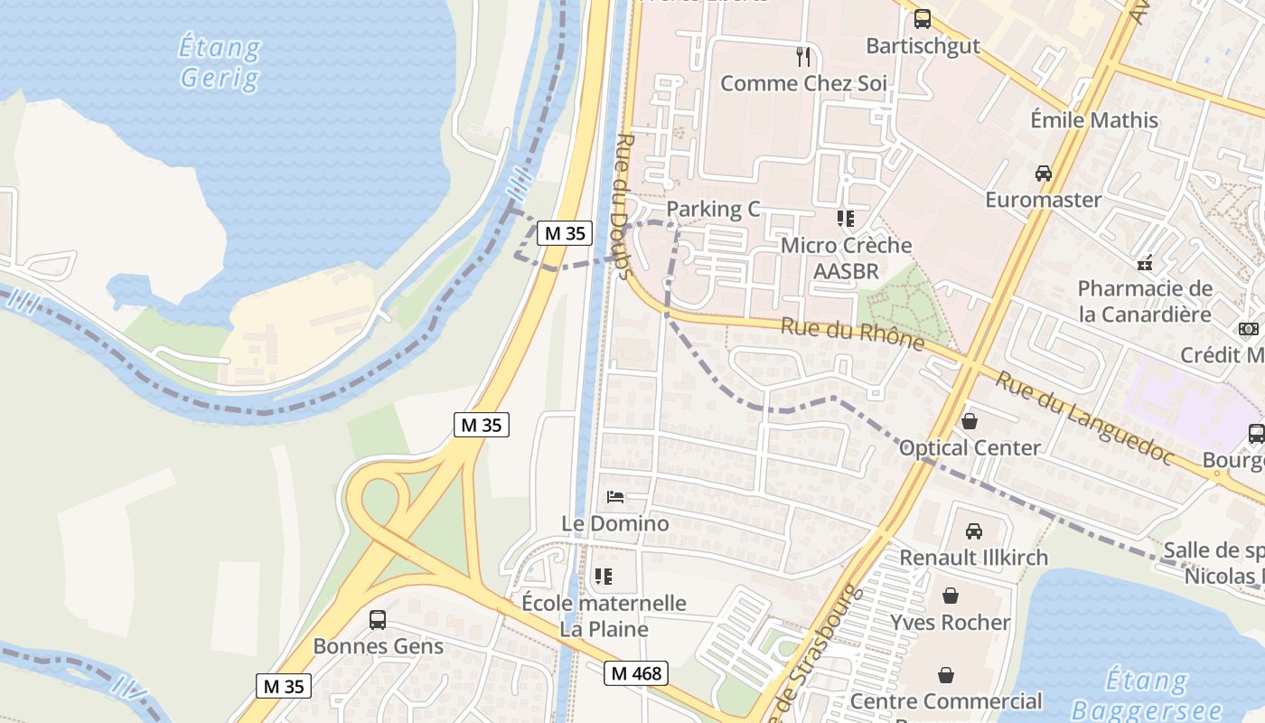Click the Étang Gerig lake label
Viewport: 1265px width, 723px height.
click(x=220, y=62)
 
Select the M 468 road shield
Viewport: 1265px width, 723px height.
click(x=636, y=673)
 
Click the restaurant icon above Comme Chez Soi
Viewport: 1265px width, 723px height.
click(x=803, y=57)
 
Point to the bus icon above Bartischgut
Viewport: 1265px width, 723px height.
click(x=923, y=18)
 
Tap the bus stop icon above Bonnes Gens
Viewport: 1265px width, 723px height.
click(x=378, y=620)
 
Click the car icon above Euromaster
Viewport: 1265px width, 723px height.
click(x=1043, y=173)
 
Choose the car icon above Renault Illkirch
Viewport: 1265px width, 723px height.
click(x=974, y=531)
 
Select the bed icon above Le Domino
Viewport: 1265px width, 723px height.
click(x=615, y=497)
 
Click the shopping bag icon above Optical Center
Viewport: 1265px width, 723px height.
click(x=970, y=421)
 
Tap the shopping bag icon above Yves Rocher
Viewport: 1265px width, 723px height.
click(x=950, y=596)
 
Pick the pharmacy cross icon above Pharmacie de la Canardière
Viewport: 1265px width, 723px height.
click(x=1145, y=264)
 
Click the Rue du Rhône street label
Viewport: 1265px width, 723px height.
click(x=852, y=334)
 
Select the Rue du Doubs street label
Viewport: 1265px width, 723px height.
click(x=623, y=207)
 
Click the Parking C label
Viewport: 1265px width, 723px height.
click(x=713, y=210)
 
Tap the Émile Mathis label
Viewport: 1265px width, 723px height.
click(x=1094, y=120)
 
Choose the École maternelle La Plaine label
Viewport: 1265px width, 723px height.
click(x=604, y=615)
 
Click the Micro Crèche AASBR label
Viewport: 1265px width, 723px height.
click(x=847, y=258)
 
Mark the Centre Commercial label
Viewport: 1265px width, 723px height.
click(x=946, y=701)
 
